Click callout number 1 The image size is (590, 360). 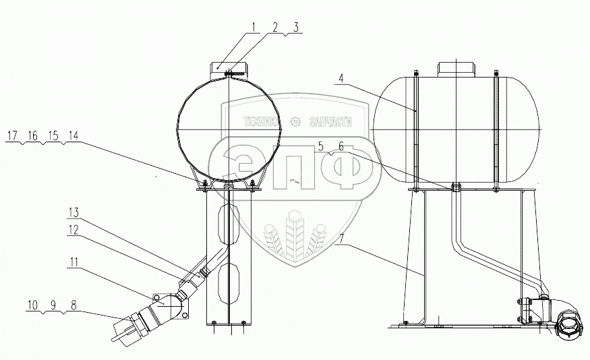(x=254, y=27)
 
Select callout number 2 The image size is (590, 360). (x=275, y=27)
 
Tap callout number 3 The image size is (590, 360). (x=296, y=27)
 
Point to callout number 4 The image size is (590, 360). (x=341, y=79)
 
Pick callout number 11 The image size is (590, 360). (x=73, y=262)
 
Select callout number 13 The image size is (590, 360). (x=73, y=213)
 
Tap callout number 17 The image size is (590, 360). (x=12, y=136)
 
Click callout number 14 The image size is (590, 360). (x=73, y=136)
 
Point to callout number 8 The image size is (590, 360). (x=73, y=305)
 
